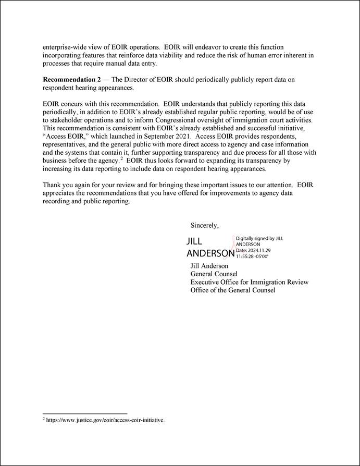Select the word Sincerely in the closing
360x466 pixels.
204,226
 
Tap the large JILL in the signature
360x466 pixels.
194,241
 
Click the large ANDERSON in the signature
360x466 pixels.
210,253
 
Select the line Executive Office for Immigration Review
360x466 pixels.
249,282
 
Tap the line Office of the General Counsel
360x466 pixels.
232,290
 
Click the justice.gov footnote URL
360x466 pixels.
105,420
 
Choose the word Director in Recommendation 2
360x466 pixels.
139,79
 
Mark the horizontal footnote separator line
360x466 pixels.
84,414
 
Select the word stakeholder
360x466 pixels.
68,120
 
